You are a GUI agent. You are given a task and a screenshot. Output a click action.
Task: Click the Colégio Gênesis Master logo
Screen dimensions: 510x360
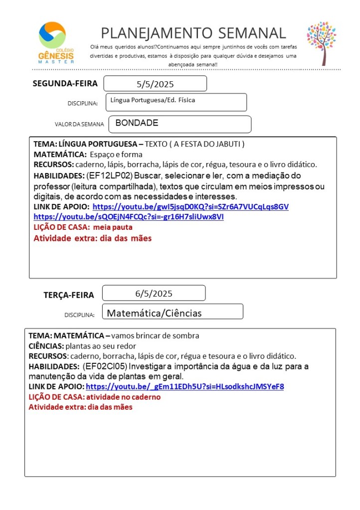(56, 42)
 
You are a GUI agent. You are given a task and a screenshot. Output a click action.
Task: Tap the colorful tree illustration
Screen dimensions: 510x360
(321, 43)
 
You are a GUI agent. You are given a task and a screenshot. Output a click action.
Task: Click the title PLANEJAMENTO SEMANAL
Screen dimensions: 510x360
(193, 33)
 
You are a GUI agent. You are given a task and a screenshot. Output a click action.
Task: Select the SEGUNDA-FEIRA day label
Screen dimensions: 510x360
(65, 83)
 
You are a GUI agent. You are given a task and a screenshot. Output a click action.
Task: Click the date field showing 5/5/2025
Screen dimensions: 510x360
(155, 84)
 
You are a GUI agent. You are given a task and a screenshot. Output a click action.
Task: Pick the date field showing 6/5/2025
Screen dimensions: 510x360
(154, 293)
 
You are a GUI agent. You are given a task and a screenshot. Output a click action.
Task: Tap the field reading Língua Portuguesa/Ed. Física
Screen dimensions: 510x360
(177, 102)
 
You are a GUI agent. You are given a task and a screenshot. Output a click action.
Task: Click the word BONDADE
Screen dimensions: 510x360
(137, 123)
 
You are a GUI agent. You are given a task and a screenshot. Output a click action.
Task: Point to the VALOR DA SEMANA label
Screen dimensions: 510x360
(79, 124)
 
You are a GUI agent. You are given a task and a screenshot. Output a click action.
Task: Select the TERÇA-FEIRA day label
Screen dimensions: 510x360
(69, 295)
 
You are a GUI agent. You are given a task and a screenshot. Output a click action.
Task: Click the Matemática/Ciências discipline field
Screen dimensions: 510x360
(172, 313)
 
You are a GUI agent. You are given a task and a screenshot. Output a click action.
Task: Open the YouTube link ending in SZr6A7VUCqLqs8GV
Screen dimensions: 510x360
(190, 206)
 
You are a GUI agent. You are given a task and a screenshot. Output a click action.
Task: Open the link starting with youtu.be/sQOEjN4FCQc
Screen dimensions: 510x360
(129, 217)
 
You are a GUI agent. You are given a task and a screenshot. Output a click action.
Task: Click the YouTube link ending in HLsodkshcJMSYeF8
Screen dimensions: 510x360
(184, 386)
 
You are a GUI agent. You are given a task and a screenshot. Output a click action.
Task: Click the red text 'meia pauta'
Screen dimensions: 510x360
(113, 227)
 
